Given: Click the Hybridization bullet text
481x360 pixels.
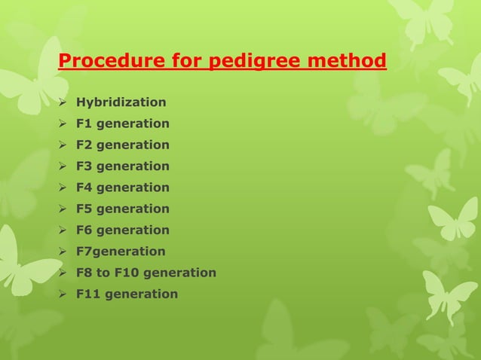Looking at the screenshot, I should (x=121, y=102).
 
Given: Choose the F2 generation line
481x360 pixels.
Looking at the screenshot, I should (x=123, y=145).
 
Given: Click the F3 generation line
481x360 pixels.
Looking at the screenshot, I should (x=123, y=166).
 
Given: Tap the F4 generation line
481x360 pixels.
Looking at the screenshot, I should (x=123, y=188).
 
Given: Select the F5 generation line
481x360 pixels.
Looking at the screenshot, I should (x=123, y=209).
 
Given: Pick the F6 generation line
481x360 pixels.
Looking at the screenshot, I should (x=123, y=230).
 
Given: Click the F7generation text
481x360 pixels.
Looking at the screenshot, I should (x=121, y=252).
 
